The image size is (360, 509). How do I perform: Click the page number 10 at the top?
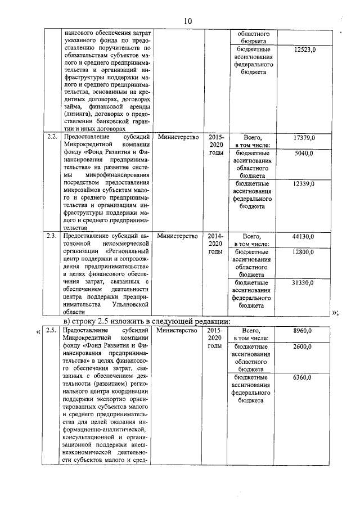coord(187,21)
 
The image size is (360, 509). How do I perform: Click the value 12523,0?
coord(305,50)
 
